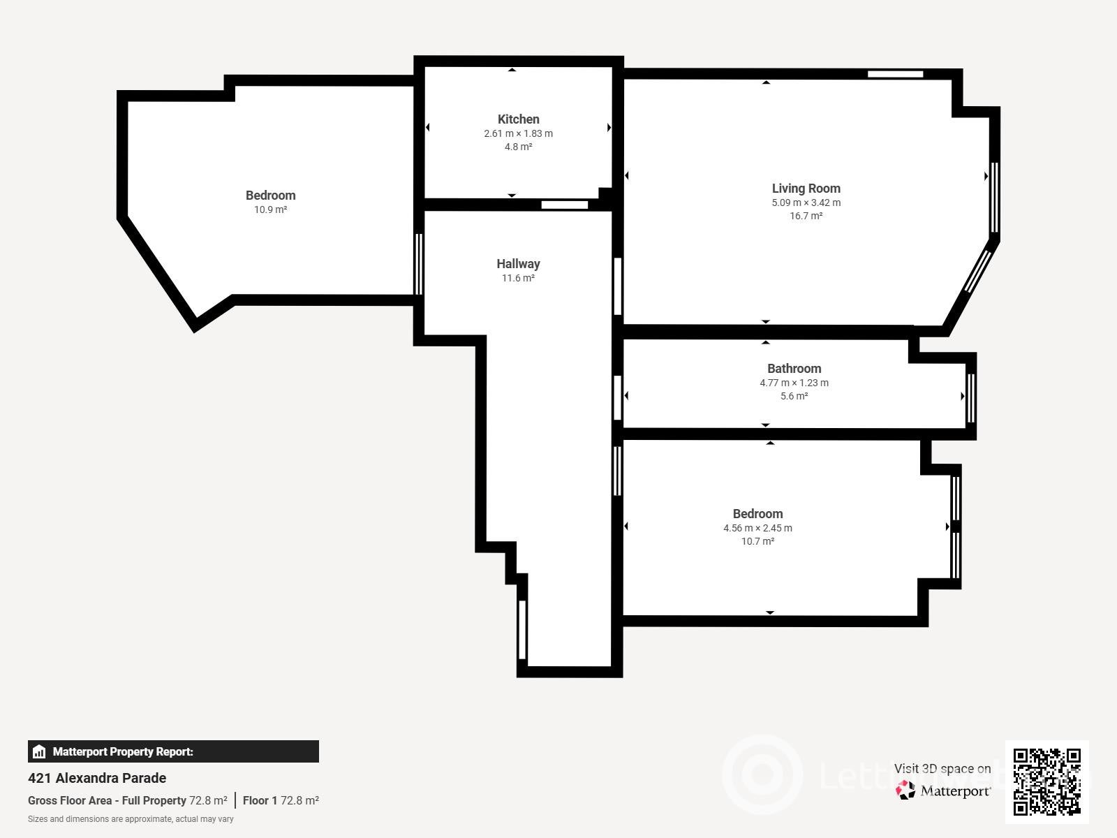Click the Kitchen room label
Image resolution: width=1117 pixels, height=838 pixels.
[518, 119]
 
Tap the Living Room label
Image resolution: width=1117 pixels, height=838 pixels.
[806, 189]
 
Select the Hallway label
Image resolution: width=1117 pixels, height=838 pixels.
[518, 263]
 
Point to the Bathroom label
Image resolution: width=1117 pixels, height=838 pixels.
[794, 369]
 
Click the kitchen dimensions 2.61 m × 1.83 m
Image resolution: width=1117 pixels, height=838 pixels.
[518, 133]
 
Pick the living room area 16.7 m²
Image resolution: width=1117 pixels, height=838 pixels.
[806, 216]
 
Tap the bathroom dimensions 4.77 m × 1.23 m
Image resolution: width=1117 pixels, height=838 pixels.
[794, 383]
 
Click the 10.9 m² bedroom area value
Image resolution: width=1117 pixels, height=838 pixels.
[270, 209]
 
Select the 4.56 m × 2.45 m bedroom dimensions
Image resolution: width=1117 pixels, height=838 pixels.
[757, 528]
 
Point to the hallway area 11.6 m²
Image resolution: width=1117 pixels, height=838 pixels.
[518, 278]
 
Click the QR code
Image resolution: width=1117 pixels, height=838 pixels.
[1046, 781]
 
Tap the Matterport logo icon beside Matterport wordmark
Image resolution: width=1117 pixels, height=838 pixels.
[905, 791]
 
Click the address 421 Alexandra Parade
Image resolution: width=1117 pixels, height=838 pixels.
[96, 778]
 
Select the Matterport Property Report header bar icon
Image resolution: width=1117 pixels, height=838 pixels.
[39, 751]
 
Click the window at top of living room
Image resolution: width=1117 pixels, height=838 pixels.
[895, 74]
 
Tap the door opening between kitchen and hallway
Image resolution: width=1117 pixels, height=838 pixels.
[564, 205]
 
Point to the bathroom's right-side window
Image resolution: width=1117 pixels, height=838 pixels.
[970, 398]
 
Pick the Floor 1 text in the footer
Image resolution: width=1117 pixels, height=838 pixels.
[260, 800]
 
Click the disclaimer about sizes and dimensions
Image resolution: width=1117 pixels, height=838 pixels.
[131, 819]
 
